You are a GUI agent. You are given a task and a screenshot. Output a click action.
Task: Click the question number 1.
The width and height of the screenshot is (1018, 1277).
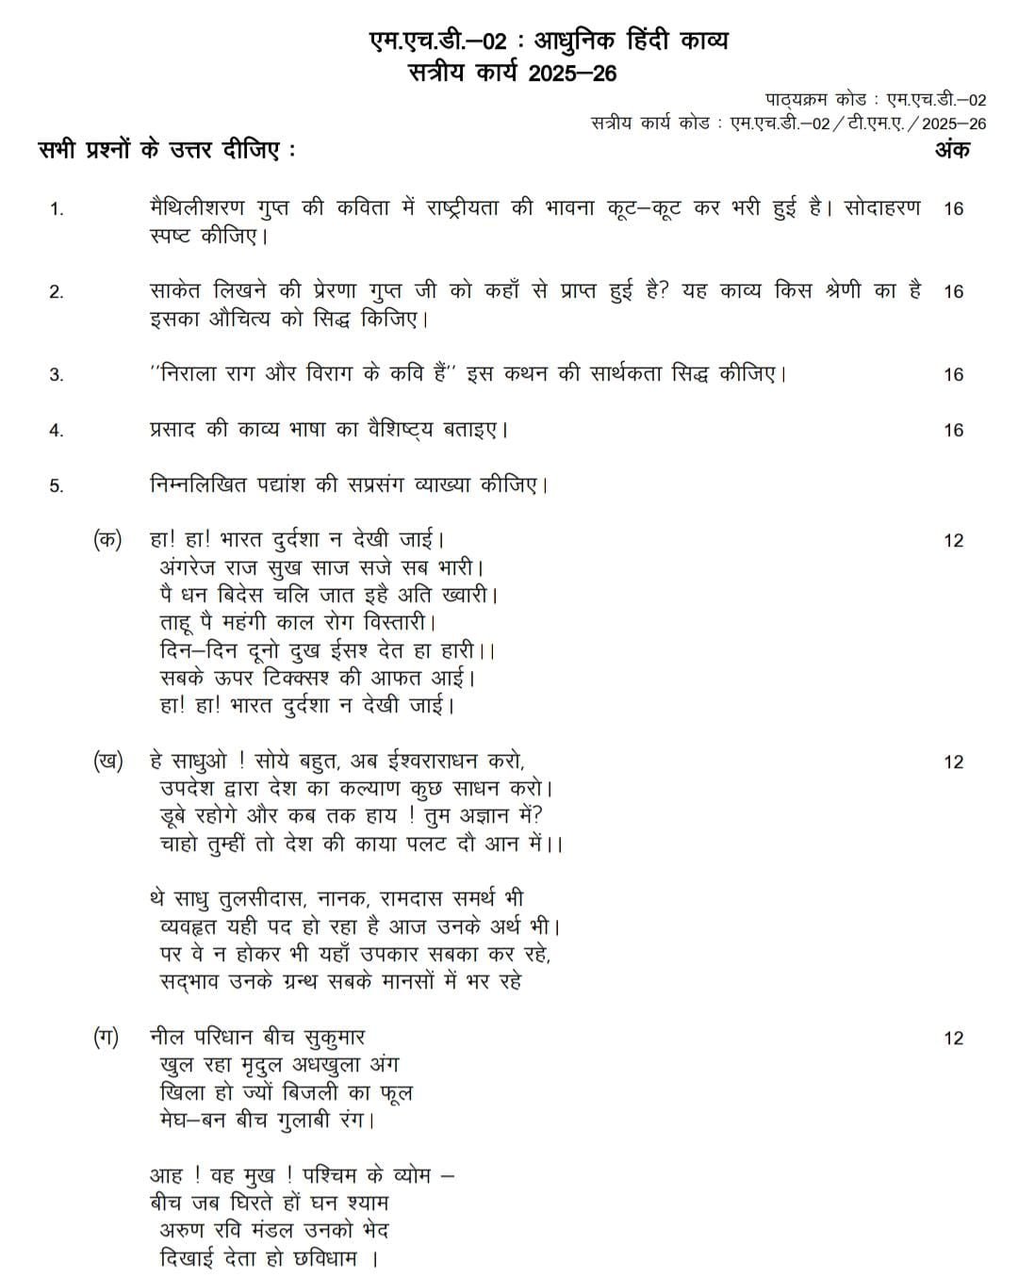[x=57, y=209]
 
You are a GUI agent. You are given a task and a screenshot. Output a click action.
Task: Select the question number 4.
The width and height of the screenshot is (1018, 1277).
[x=57, y=431]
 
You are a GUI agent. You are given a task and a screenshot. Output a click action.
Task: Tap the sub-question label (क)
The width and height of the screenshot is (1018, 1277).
[x=107, y=540]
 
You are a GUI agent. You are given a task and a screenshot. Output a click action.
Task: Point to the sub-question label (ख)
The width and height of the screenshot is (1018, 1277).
[x=107, y=761]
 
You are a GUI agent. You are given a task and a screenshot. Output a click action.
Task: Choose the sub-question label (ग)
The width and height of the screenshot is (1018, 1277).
[x=106, y=1038]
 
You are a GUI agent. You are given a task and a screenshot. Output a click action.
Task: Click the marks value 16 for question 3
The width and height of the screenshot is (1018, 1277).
[x=953, y=375]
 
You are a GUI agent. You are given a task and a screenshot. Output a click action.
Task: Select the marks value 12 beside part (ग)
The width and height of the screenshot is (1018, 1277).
[x=953, y=1039]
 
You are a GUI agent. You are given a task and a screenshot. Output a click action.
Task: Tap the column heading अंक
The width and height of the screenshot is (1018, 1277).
[x=952, y=150]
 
